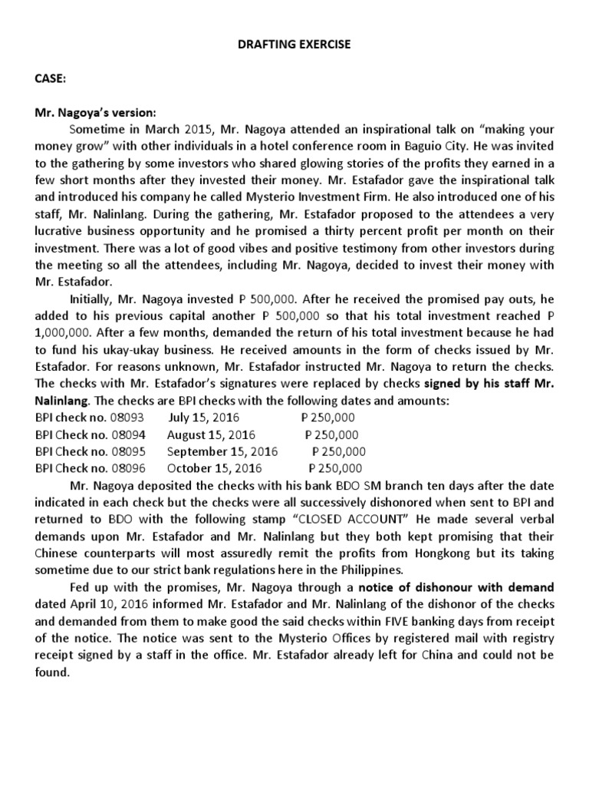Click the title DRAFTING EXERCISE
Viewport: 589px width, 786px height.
point(294,45)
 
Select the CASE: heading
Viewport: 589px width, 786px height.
point(49,78)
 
